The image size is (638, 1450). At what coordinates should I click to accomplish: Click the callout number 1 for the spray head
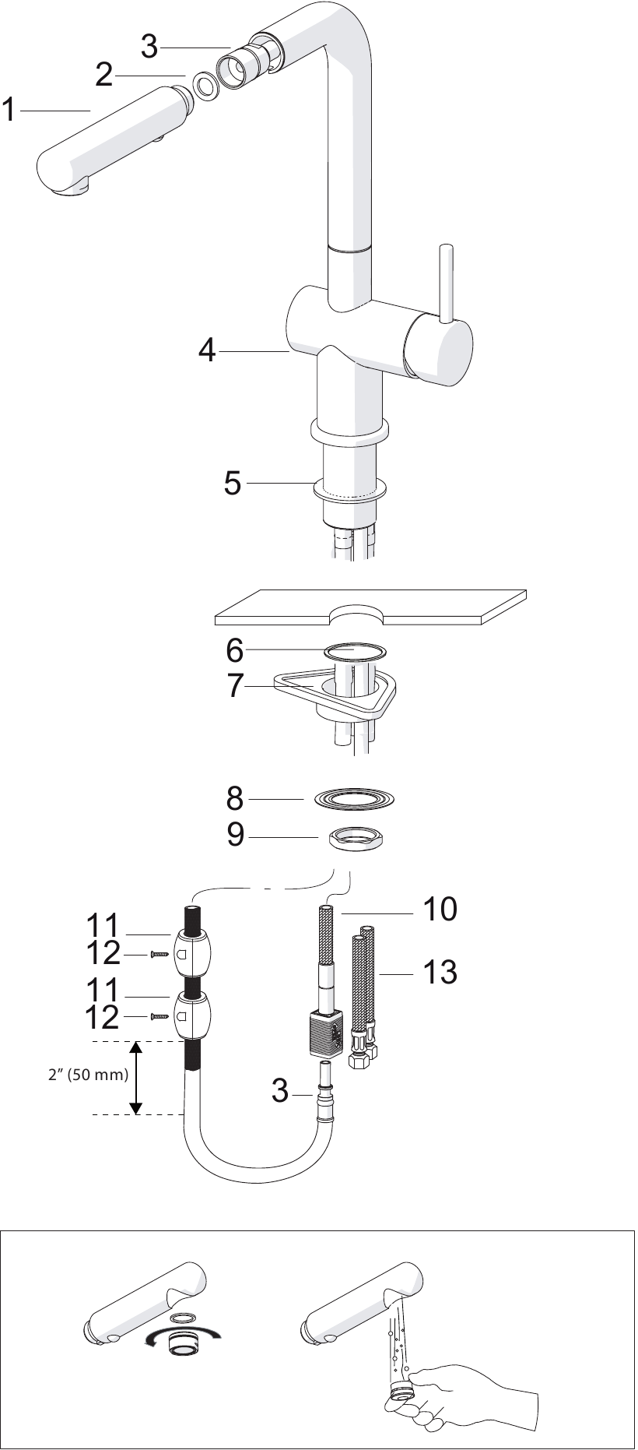click(9, 110)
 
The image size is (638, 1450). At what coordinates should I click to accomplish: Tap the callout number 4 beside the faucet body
click(206, 351)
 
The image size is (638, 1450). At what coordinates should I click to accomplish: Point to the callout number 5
click(232, 484)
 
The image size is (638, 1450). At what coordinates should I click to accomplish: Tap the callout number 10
click(440, 909)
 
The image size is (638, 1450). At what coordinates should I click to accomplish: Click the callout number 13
click(440, 972)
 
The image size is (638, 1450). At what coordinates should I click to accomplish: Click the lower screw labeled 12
click(159, 1016)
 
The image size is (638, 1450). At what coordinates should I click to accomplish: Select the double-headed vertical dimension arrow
click(136, 1079)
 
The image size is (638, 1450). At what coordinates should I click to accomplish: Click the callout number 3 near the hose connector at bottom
click(280, 1092)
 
